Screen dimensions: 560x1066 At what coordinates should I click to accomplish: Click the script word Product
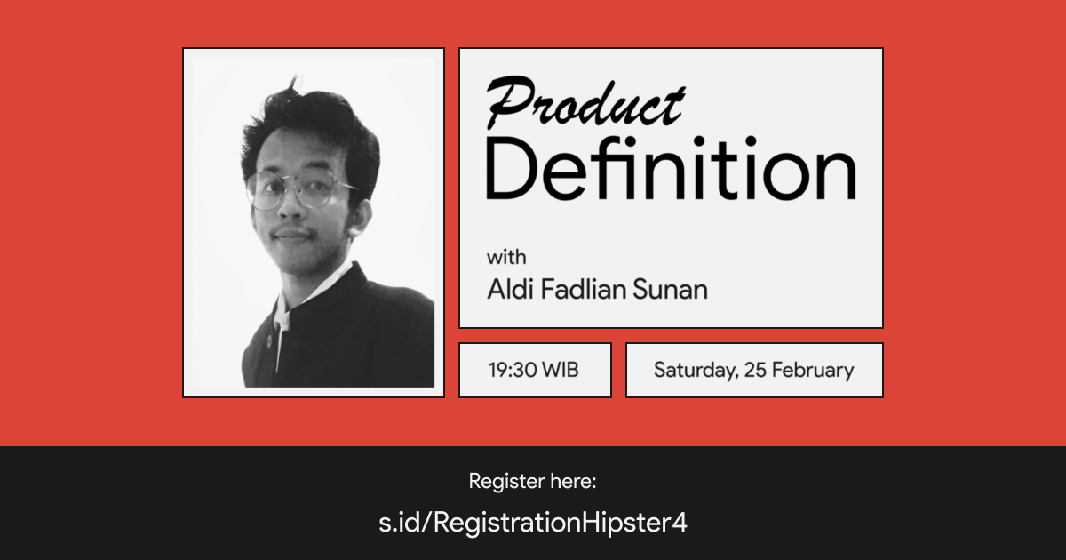click(x=585, y=102)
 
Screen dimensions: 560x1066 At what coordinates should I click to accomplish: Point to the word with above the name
click(x=506, y=258)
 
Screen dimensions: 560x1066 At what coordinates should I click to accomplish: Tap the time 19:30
click(x=513, y=370)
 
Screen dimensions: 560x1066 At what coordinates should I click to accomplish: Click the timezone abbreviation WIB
click(x=561, y=370)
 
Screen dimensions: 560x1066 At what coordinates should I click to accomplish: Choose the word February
click(x=813, y=370)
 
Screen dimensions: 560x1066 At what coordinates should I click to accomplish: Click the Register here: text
click(x=532, y=482)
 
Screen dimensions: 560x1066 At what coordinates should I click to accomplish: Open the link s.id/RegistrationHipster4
click(x=532, y=523)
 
